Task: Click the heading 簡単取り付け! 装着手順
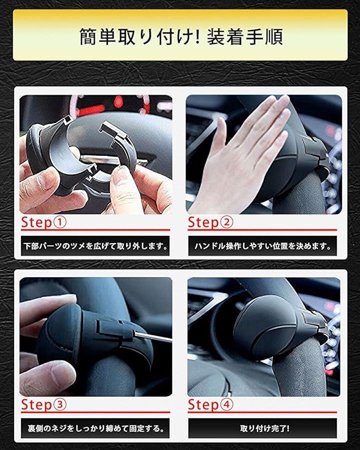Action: pos(181,36)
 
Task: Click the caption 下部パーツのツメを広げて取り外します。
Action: pos(95,246)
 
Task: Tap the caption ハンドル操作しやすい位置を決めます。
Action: pos(262,246)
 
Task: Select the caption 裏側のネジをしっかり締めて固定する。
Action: pos(96,429)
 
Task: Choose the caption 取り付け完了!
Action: pos(264,429)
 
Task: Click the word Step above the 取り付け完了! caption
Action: pos(203,404)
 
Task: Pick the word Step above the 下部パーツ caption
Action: pos(36,222)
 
